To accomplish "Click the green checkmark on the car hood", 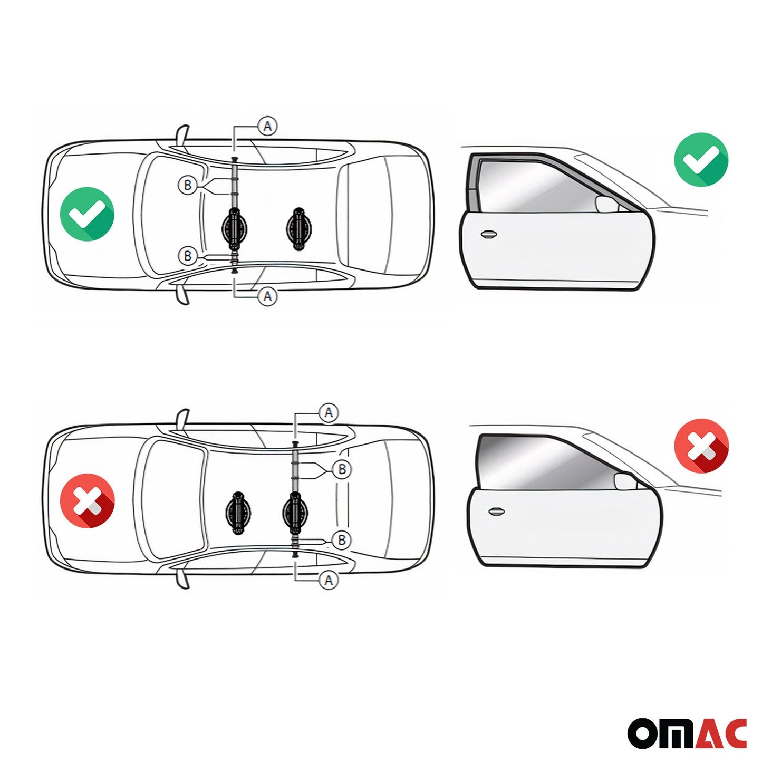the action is point(87,214).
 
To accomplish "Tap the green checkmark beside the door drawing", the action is point(701,160).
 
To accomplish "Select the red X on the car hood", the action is point(87,500).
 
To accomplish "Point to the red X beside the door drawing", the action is point(701,446).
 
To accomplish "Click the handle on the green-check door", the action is point(489,234).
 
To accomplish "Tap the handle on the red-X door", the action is point(496,512).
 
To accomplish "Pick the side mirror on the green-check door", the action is point(606,204).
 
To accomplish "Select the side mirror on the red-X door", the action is point(625,481).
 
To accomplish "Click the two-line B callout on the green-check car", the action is point(188,185).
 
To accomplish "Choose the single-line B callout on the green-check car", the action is point(188,256).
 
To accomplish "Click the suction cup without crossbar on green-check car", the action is point(298,228).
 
